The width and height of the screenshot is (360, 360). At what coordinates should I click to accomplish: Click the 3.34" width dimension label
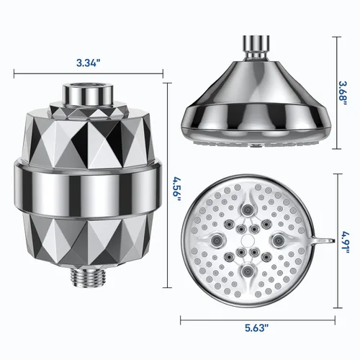point(88,63)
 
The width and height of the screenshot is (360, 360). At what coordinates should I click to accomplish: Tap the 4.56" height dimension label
point(178,189)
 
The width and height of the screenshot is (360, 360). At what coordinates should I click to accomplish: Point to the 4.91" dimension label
point(346,241)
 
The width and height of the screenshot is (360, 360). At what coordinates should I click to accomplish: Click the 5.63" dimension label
point(257,328)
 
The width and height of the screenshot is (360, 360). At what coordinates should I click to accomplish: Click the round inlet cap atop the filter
point(88,94)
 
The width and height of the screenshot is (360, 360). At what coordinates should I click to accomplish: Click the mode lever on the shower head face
point(323,240)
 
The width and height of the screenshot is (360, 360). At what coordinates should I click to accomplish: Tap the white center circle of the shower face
point(247,240)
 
